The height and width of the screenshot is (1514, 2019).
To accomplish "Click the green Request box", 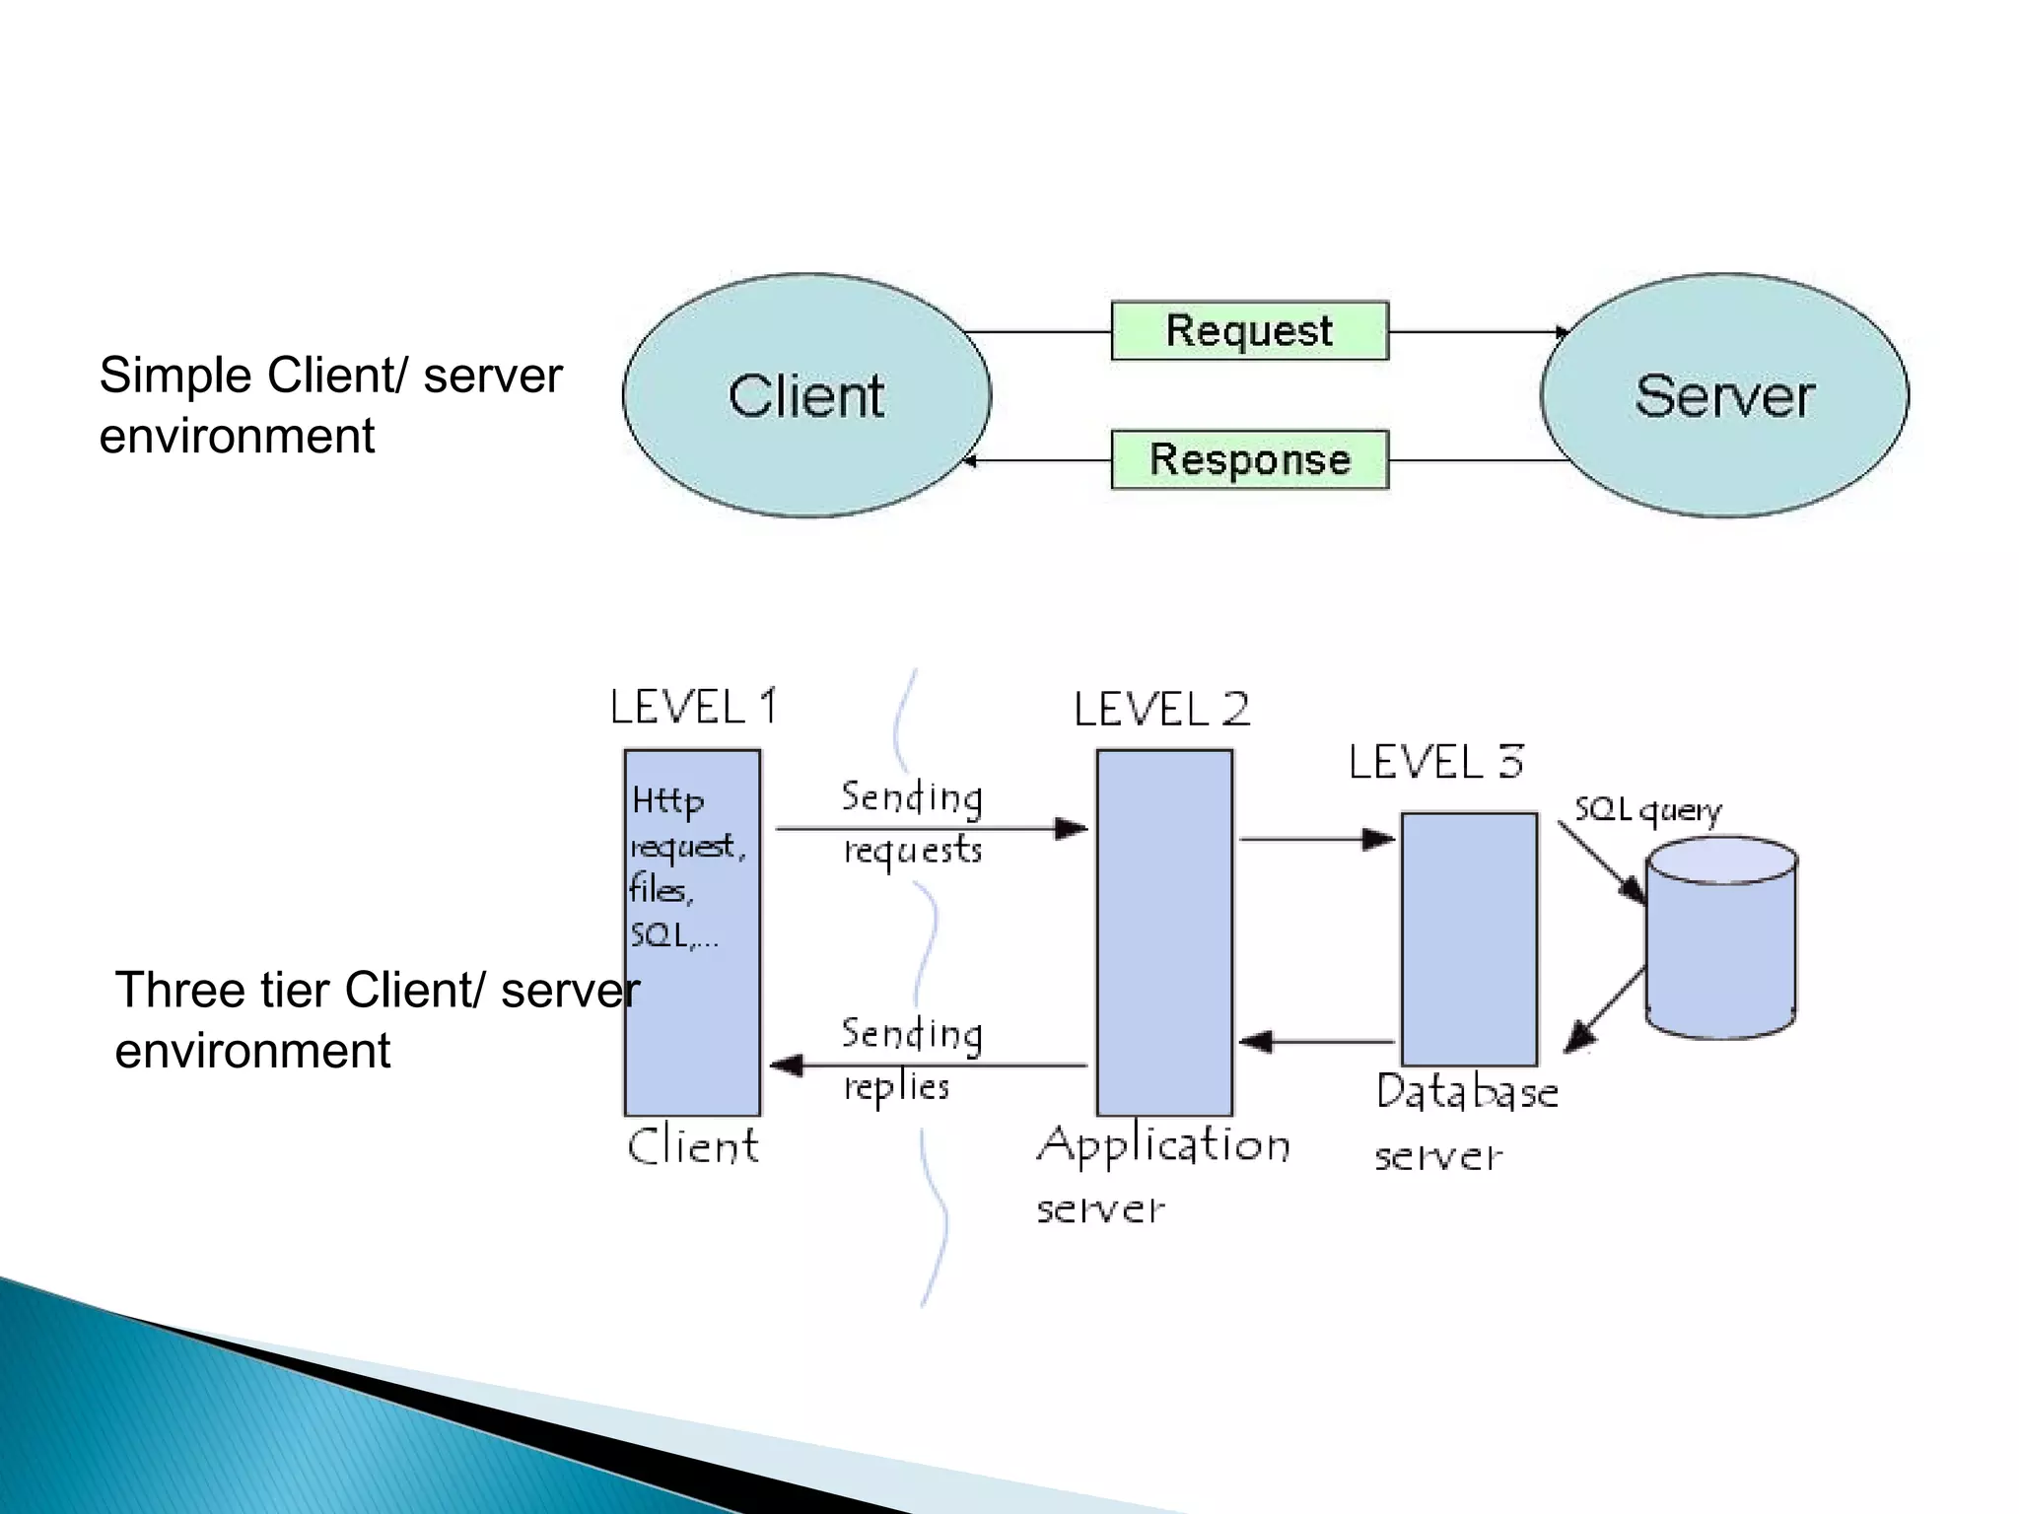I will coord(1249,331).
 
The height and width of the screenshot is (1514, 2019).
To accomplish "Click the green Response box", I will coord(1249,459).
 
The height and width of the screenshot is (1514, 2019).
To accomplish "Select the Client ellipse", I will coord(806,396).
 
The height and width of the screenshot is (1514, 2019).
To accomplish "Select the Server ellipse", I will coord(1724,396).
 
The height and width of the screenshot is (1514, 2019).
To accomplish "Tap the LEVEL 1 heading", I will coord(693,707).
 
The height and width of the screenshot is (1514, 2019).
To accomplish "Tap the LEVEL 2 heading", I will coord(1161,710).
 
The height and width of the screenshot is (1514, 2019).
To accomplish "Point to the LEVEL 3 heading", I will coord(1435,762).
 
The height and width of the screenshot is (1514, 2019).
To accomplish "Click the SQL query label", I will coord(1646,810).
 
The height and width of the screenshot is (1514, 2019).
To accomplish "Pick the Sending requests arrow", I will coord(932,829).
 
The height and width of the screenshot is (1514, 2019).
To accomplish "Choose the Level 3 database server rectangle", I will coord(1469,938).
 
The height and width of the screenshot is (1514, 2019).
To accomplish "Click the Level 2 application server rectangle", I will coord(1164,932).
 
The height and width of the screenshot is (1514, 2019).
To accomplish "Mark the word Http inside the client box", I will coord(667,800).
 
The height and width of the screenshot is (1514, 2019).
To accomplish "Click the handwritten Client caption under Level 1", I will coord(692,1146).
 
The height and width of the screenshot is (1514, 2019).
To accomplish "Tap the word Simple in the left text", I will coord(175,377).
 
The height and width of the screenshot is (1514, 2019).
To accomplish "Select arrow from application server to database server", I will coord(1316,840).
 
